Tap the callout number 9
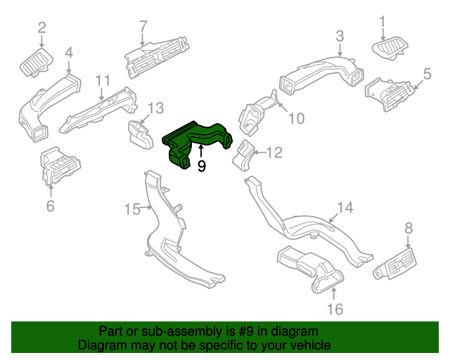coord(201,167)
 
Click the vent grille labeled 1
coord(389,50)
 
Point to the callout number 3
coord(340,36)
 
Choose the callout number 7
coord(143,27)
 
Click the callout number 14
coord(344,207)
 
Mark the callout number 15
coord(132,209)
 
